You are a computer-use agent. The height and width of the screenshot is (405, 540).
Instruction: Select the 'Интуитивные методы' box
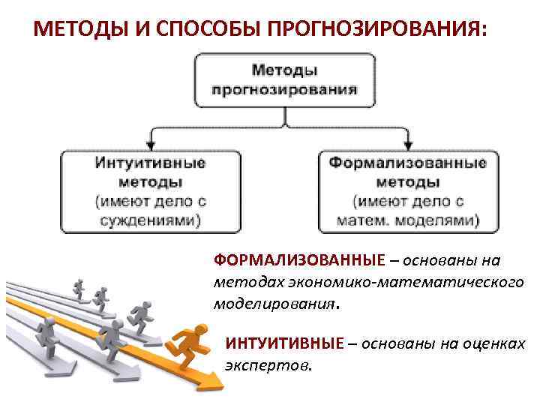coord(151,191)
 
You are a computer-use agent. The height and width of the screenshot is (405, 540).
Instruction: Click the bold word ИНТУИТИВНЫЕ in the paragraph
coord(284,344)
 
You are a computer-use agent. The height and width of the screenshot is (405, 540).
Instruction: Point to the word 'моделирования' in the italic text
coord(274,305)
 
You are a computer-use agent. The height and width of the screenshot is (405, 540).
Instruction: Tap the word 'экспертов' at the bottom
coord(267,367)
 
